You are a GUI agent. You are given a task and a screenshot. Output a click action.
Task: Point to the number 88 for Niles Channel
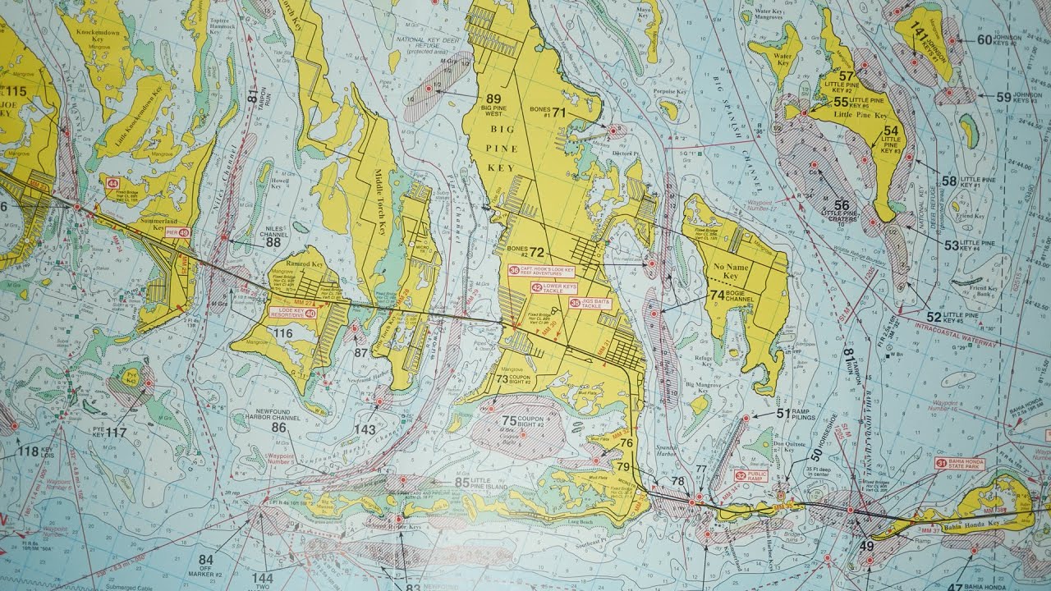tap(273, 242)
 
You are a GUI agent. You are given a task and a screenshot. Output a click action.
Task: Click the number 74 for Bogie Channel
tap(717, 294)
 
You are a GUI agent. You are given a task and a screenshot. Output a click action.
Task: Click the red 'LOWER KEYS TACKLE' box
tap(553, 287)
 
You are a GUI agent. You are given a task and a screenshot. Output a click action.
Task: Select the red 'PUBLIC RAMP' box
tap(751, 474)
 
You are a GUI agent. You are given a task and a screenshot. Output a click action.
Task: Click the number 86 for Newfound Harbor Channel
tap(279, 427)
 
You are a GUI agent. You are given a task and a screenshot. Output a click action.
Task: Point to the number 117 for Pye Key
tap(116, 433)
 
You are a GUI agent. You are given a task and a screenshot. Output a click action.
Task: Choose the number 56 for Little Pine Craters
tap(842, 204)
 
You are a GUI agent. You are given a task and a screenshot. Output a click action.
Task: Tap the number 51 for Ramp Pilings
tap(782, 413)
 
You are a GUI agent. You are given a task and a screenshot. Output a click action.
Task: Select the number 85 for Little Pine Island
tap(462, 483)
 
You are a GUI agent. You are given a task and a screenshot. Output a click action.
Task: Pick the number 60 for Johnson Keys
tap(984, 39)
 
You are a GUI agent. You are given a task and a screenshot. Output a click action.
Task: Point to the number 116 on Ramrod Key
tap(283, 333)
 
